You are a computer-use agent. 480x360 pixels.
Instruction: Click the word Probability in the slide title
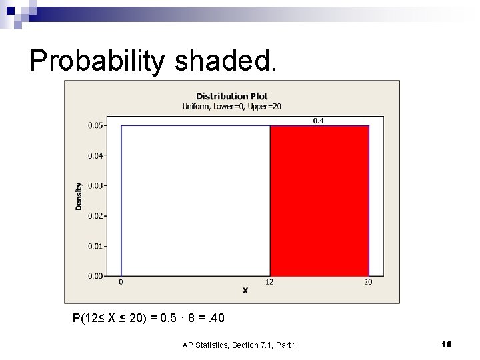point(97,61)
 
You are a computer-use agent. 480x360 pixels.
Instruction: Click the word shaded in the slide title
point(223,61)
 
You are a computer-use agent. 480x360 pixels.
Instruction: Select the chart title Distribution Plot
point(231,96)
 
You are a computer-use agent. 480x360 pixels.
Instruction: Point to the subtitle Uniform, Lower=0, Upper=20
point(231,106)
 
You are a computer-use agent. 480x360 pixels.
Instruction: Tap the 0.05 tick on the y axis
point(97,125)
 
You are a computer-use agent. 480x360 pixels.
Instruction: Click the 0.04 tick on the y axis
point(97,155)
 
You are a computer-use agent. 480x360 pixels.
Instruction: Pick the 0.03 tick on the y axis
point(97,185)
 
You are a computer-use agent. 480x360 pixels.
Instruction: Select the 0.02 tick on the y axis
point(97,215)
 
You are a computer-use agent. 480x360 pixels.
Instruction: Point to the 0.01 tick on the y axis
point(97,246)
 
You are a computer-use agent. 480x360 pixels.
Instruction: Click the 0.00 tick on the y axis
point(97,275)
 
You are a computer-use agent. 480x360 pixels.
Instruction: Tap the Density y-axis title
point(79,197)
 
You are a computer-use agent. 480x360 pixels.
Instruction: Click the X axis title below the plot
point(245,291)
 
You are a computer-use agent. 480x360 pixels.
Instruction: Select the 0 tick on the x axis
point(121,283)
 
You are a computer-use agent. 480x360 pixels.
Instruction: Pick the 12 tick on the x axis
point(270,283)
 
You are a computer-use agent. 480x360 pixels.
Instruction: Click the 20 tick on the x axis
point(369,283)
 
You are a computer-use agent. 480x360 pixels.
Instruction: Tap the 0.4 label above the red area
point(319,121)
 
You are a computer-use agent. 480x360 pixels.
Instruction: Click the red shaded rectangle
point(319,200)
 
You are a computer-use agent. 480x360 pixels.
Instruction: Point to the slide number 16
point(447,344)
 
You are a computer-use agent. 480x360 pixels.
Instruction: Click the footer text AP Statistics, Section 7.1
point(239,345)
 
